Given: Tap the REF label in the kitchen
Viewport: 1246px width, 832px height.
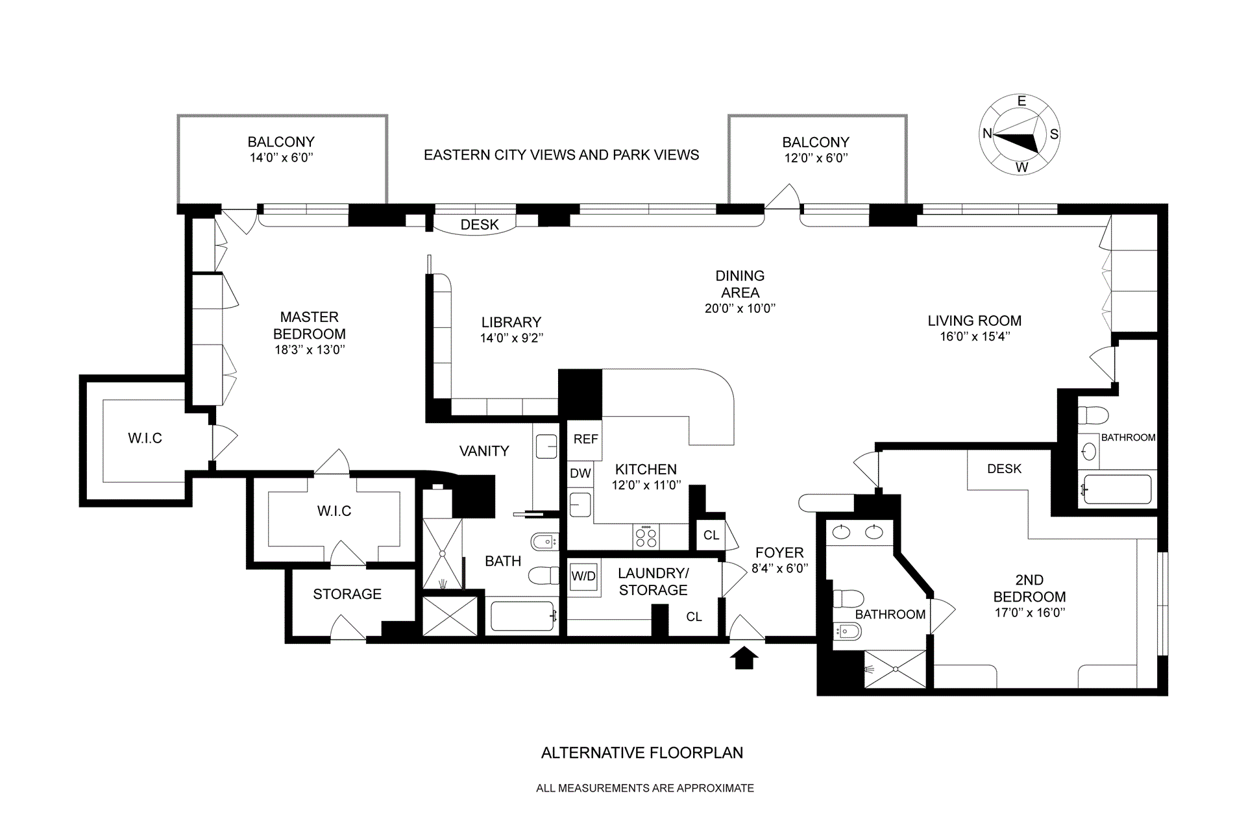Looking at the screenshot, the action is coord(585,439).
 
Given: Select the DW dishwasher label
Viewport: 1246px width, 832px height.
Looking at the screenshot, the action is coord(580,473).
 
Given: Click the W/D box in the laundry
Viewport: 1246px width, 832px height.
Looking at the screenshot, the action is coord(583,576).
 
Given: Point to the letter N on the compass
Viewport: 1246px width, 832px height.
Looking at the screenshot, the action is coord(987,134).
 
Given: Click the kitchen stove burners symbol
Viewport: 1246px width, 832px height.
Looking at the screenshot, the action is coord(646,537).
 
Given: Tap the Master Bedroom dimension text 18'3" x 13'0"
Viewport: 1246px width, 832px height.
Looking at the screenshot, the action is coord(310,350).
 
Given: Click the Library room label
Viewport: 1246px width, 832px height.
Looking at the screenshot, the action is coord(511,322).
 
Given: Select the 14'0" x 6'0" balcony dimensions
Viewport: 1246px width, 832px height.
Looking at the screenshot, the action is coord(282,158).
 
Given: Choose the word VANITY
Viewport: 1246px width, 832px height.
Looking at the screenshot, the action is coord(484,451).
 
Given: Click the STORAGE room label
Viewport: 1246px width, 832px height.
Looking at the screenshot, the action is coord(347,594).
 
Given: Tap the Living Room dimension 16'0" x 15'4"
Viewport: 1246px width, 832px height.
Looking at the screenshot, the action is coord(975,337).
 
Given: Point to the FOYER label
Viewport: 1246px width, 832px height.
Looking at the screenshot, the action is coord(779,553).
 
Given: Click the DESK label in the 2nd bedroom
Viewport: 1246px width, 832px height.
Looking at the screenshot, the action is coord(1005,469).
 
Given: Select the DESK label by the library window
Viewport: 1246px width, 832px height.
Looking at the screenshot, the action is coord(480,225).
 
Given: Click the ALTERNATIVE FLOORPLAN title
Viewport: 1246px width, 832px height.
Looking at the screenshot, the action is coord(642,753).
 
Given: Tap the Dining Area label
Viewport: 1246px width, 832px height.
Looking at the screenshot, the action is coord(740,284).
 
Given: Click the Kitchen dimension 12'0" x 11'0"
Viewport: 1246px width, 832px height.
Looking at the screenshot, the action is coord(646,485).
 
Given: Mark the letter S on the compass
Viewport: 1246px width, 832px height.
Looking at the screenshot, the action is coord(1054,134).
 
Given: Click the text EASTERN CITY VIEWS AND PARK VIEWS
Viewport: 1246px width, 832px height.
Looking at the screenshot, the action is coord(561,155).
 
